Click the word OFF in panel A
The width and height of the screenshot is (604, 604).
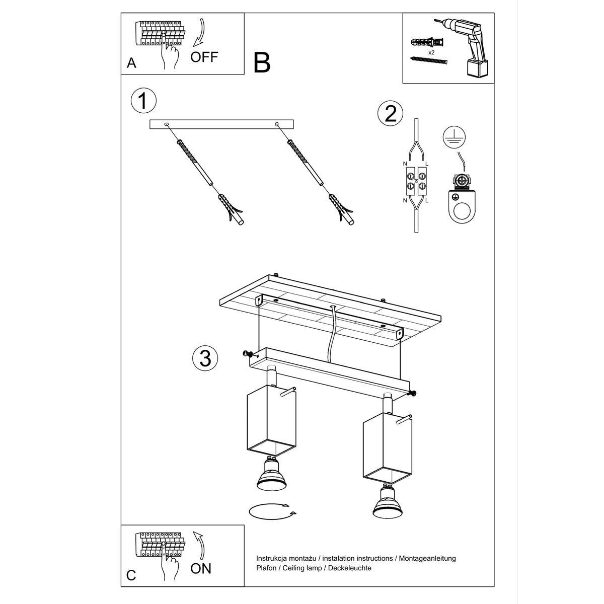[204, 57]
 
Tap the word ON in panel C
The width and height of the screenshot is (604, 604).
[201, 568]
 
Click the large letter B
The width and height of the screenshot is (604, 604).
[262, 62]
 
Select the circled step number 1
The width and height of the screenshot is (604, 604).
[143, 100]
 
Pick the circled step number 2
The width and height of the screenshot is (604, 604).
[390, 113]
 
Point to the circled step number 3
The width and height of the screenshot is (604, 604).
[205, 358]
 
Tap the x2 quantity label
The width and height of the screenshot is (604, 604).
[431, 53]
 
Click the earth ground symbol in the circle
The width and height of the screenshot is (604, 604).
[454, 137]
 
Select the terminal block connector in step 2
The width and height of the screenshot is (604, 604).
[416, 182]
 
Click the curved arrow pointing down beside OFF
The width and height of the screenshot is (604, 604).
[199, 33]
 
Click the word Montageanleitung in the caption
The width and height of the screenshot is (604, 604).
[427, 558]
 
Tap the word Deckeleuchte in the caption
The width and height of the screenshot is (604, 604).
[349, 568]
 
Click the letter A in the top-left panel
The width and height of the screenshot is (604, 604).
[131, 63]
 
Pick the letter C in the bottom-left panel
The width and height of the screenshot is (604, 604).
[131, 575]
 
